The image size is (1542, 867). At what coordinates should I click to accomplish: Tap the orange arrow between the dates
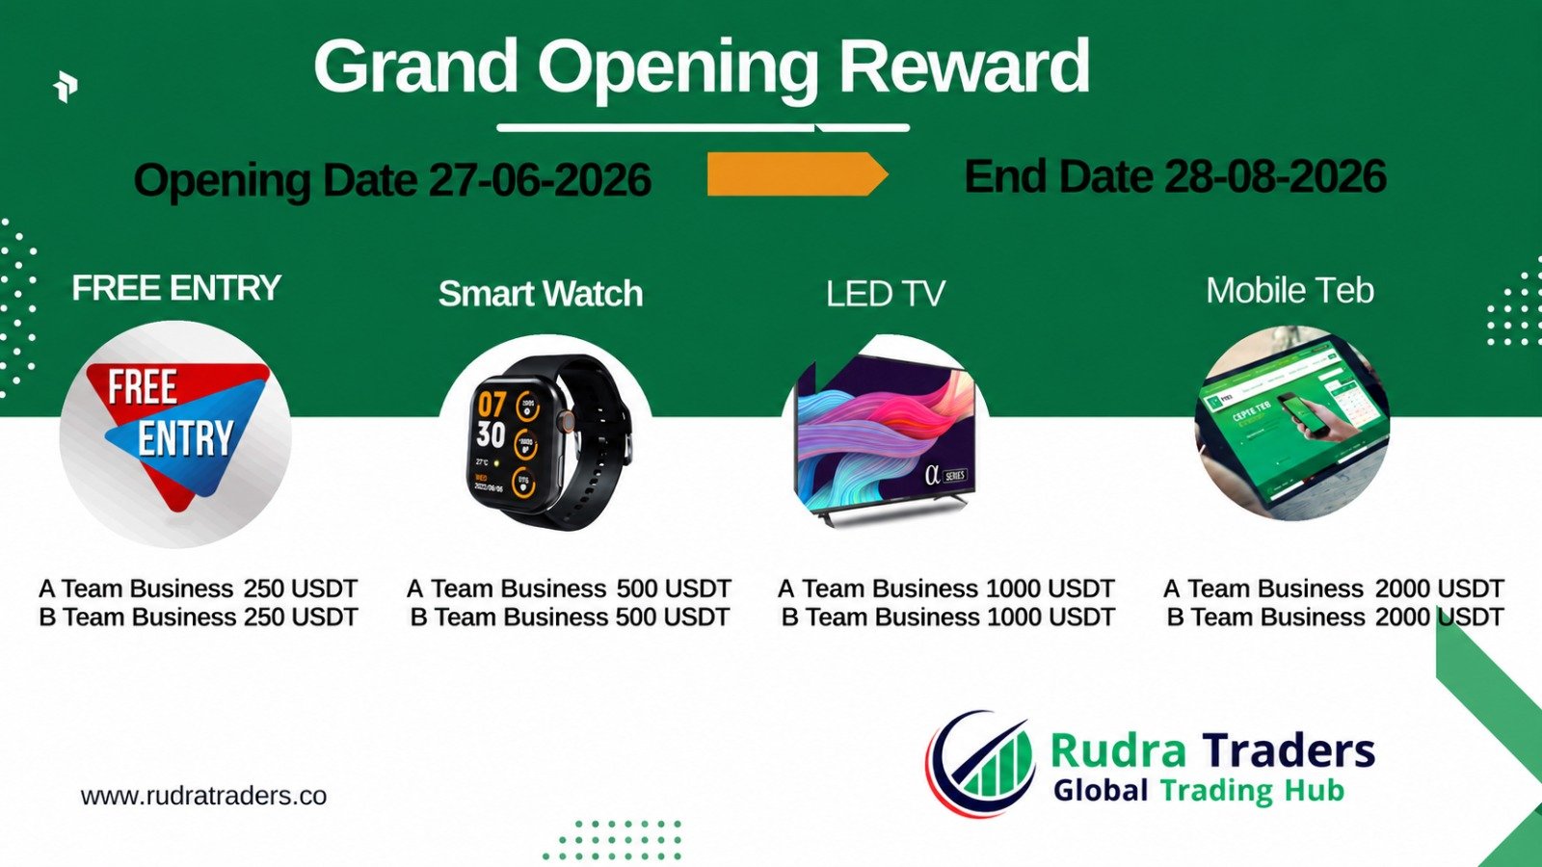point(797,174)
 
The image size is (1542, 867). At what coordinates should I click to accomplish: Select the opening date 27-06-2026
point(541,179)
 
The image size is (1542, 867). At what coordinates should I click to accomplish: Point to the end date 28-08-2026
point(1276,176)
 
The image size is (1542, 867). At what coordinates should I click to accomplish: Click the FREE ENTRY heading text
point(176,288)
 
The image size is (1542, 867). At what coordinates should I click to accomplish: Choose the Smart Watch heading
point(541,294)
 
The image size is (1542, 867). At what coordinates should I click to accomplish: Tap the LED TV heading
point(886,294)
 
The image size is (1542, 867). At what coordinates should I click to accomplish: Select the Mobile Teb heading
point(1289,290)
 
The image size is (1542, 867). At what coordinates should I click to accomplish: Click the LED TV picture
point(886,439)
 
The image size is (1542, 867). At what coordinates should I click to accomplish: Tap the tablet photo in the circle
point(1292,423)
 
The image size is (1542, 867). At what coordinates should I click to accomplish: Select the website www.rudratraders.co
point(203,796)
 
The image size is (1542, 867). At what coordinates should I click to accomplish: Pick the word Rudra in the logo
point(1117,750)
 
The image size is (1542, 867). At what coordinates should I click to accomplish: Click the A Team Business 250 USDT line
point(199,589)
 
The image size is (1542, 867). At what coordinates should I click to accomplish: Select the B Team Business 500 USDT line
point(570,617)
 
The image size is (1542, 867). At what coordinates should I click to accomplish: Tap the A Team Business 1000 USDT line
point(945,589)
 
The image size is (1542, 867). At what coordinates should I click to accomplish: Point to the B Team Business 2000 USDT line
point(1335,617)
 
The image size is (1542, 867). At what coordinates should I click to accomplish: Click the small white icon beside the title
point(66,87)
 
